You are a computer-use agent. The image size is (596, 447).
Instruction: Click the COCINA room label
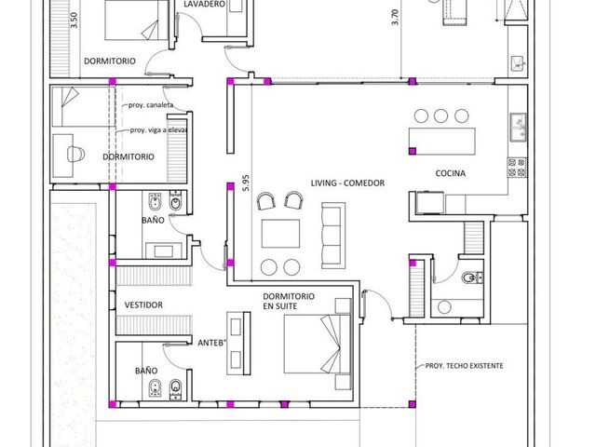tap(450, 173)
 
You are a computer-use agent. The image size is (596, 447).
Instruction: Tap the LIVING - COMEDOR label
tap(347, 183)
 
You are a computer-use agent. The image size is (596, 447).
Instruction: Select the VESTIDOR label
tap(143, 305)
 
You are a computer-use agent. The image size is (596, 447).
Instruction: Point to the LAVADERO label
tap(205, 4)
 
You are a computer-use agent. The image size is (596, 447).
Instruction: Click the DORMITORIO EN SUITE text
tap(289, 301)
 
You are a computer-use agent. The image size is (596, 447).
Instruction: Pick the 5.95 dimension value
tap(246, 183)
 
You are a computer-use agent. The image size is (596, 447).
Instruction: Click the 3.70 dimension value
tap(395, 17)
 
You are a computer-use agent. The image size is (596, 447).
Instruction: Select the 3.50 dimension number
tap(74, 20)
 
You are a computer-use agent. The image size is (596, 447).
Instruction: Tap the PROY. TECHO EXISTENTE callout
tap(464, 366)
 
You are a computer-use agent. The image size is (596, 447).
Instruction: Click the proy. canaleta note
tap(151, 105)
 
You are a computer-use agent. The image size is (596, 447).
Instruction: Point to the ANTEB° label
tap(211, 343)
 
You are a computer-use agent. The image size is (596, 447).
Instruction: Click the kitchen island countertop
tap(442, 142)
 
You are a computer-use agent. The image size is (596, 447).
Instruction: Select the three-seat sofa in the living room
tap(333, 236)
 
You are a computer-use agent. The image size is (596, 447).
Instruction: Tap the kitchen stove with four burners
tap(517, 168)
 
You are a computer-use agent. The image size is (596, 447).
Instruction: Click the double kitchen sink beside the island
tap(519, 128)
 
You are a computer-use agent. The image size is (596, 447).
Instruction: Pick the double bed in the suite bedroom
tap(318, 344)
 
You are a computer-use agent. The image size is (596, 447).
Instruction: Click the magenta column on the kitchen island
tap(413, 151)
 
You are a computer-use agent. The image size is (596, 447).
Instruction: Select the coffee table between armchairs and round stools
tap(280, 234)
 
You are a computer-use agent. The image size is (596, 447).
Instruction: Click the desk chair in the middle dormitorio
tap(75, 154)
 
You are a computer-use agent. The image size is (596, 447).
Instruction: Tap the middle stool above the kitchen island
tap(440, 115)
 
